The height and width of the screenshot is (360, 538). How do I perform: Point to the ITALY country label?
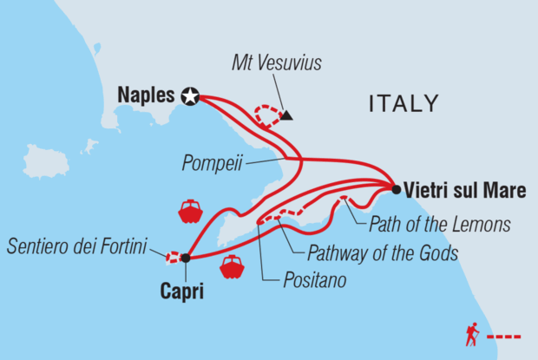pyautogui.click(x=403, y=105)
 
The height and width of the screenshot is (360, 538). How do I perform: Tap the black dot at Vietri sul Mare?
pyautogui.click(x=396, y=189)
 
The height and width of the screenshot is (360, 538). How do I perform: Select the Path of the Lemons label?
pyautogui.click(x=439, y=226)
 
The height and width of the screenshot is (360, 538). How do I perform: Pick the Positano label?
pyautogui.click(x=314, y=282)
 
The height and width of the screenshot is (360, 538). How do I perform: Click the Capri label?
pyautogui.click(x=182, y=292)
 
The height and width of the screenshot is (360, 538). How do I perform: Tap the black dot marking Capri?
pyautogui.click(x=185, y=257)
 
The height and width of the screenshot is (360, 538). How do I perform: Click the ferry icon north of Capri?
pyautogui.click(x=189, y=211)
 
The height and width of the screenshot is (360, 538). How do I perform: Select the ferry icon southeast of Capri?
pyautogui.click(x=232, y=267)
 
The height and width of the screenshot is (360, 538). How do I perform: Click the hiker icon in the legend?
pyautogui.click(x=472, y=334)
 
